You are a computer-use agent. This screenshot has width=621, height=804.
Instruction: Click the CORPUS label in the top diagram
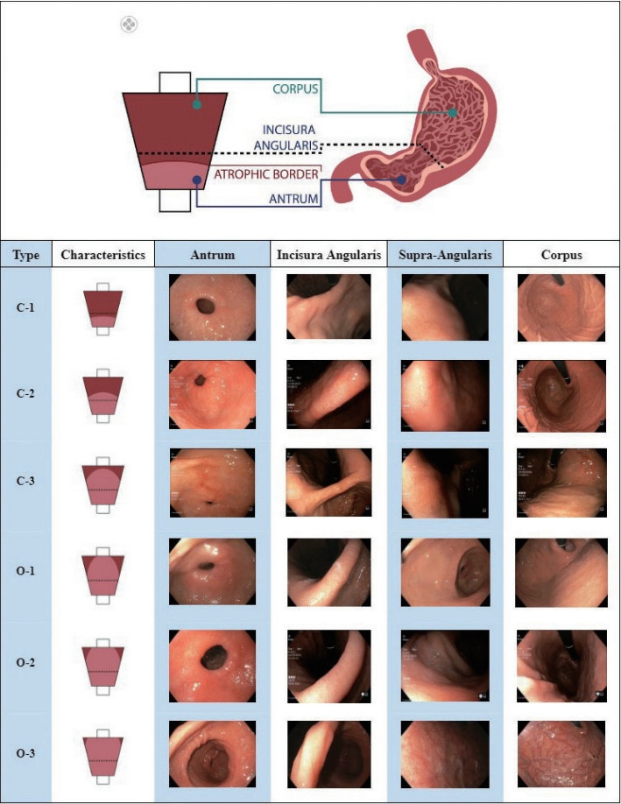click(294, 88)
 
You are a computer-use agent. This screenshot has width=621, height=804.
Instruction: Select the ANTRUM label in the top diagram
click(294, 199)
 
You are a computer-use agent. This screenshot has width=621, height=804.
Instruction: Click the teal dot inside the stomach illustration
click(452, 113)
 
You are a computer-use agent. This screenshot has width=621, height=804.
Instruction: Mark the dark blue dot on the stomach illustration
click(402, 180)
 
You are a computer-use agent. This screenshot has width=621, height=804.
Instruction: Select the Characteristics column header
click(102, 256)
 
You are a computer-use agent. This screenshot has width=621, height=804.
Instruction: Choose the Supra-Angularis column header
click(445, 256)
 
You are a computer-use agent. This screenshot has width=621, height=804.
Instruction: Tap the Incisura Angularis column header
click(328, 256)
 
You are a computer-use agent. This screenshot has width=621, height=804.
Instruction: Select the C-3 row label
click(25, 482)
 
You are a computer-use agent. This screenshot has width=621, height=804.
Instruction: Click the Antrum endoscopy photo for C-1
click(211, 307)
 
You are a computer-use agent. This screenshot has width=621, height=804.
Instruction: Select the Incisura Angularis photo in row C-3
click(328, 483)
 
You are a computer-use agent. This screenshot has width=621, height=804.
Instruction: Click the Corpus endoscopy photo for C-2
click(561, 395)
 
